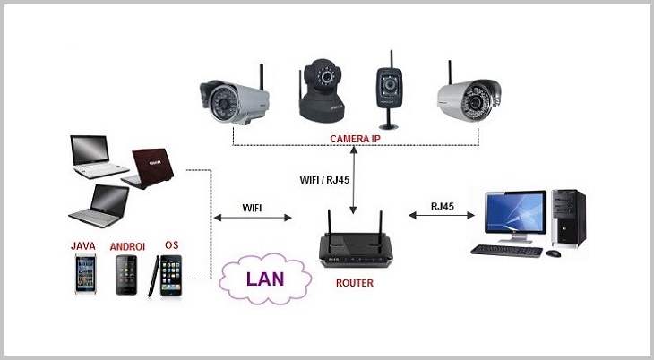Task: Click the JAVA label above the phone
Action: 83,245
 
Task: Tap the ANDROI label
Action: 128,245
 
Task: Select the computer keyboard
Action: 505,250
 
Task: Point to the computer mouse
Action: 553,253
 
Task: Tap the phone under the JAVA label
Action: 86,275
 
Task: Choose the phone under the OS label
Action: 171,275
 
